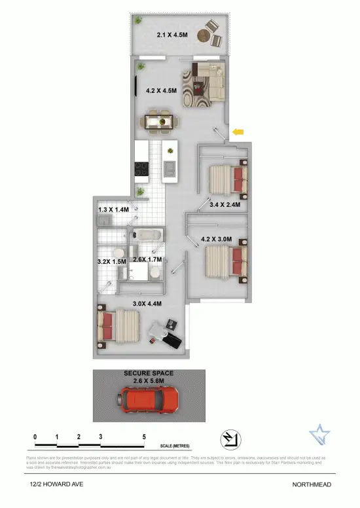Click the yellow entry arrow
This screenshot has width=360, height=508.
click(239, 133)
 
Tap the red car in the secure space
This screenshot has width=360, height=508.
click(149, 398)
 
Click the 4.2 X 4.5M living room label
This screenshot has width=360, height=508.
click(161, 91)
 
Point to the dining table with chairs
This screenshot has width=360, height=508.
click(160, 120)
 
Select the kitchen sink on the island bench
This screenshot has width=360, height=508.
click(170, 168)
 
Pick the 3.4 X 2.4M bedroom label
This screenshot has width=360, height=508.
click(225, 205)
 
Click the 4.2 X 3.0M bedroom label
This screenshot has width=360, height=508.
click(217, 239)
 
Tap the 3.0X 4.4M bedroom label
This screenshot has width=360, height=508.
click(147, 303)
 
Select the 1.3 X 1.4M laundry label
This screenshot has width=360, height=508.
click(114, 209)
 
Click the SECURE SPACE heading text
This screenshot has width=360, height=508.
click(149, 373)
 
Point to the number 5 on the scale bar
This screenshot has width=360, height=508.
click(143, 437)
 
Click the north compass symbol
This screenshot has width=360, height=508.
click(230, 438)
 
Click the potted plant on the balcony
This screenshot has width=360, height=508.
click(139, 21)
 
